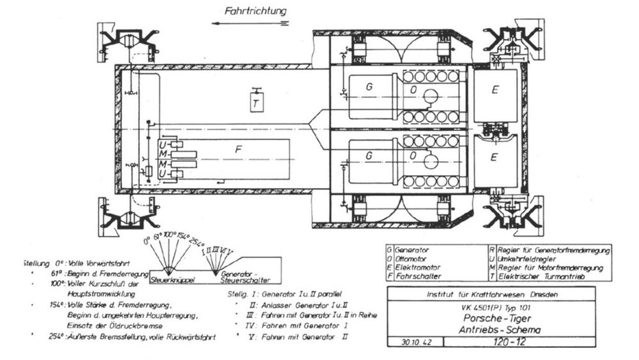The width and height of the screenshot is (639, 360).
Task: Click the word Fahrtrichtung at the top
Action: point(255,11)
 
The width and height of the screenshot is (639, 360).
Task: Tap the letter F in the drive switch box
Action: point(238,150)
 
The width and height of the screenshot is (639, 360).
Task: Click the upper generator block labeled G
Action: point(368,86)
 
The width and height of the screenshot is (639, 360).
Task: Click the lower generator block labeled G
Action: point(368,155)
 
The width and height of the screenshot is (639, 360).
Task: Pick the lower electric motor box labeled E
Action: point(493,155)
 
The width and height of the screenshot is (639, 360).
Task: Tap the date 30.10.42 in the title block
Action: point(409,342)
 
